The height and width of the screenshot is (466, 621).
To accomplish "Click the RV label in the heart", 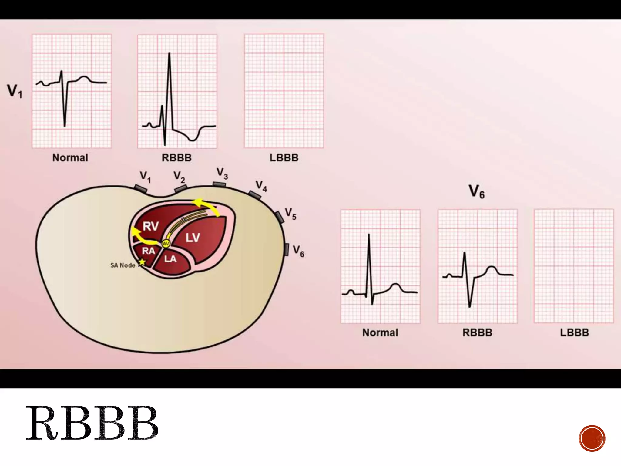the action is coord(150,226).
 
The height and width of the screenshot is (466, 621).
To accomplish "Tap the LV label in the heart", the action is coord(193,238).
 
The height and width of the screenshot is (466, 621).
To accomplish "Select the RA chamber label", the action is coord(148,251).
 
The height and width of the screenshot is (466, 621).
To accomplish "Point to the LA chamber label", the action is coord(170,259).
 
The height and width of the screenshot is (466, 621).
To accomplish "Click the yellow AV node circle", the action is coord(166,244).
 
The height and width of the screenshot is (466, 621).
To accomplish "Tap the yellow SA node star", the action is coord(142,262).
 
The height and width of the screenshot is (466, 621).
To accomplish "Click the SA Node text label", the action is coord(123,265).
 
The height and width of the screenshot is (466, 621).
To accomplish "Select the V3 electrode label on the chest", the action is coord(222,174).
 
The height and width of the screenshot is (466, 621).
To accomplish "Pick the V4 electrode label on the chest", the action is coord(261,186).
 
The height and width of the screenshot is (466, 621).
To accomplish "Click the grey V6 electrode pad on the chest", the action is coord(286,249).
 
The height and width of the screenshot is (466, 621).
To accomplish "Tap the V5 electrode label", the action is coord(290,214).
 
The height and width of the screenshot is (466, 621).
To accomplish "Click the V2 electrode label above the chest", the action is coord(179,177).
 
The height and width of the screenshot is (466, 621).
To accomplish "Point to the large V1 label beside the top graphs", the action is coord(15,91).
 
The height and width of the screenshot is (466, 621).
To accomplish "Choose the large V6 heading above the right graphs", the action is coord(476,192).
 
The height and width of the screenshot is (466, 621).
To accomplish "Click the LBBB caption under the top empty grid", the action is coord(284,158).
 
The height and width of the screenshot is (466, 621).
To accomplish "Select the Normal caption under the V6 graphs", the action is coord(380,333).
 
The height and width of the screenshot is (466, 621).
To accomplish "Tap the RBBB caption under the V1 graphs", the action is coord(176,158).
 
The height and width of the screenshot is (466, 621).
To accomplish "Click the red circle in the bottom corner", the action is coord(592,438).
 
